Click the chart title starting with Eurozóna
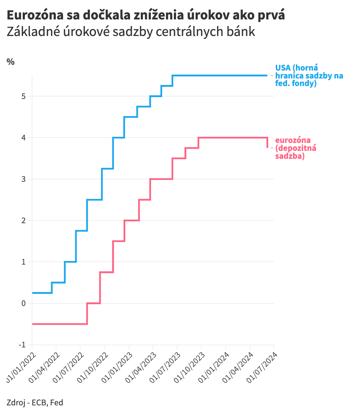point(145,15)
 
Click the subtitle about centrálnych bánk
point(131,32)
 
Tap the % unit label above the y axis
point(10,62)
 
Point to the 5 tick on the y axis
point(24,96)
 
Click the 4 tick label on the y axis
point(24,138)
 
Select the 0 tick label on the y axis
point(24,303)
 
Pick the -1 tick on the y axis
point(22,345)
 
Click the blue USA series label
point(309,76)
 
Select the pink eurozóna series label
point(296,148)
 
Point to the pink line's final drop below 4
point(267,143)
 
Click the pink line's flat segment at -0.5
point(59,324)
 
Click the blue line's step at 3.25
point(108,168)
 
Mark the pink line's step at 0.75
point(107,272)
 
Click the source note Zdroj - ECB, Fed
point(35,402)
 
